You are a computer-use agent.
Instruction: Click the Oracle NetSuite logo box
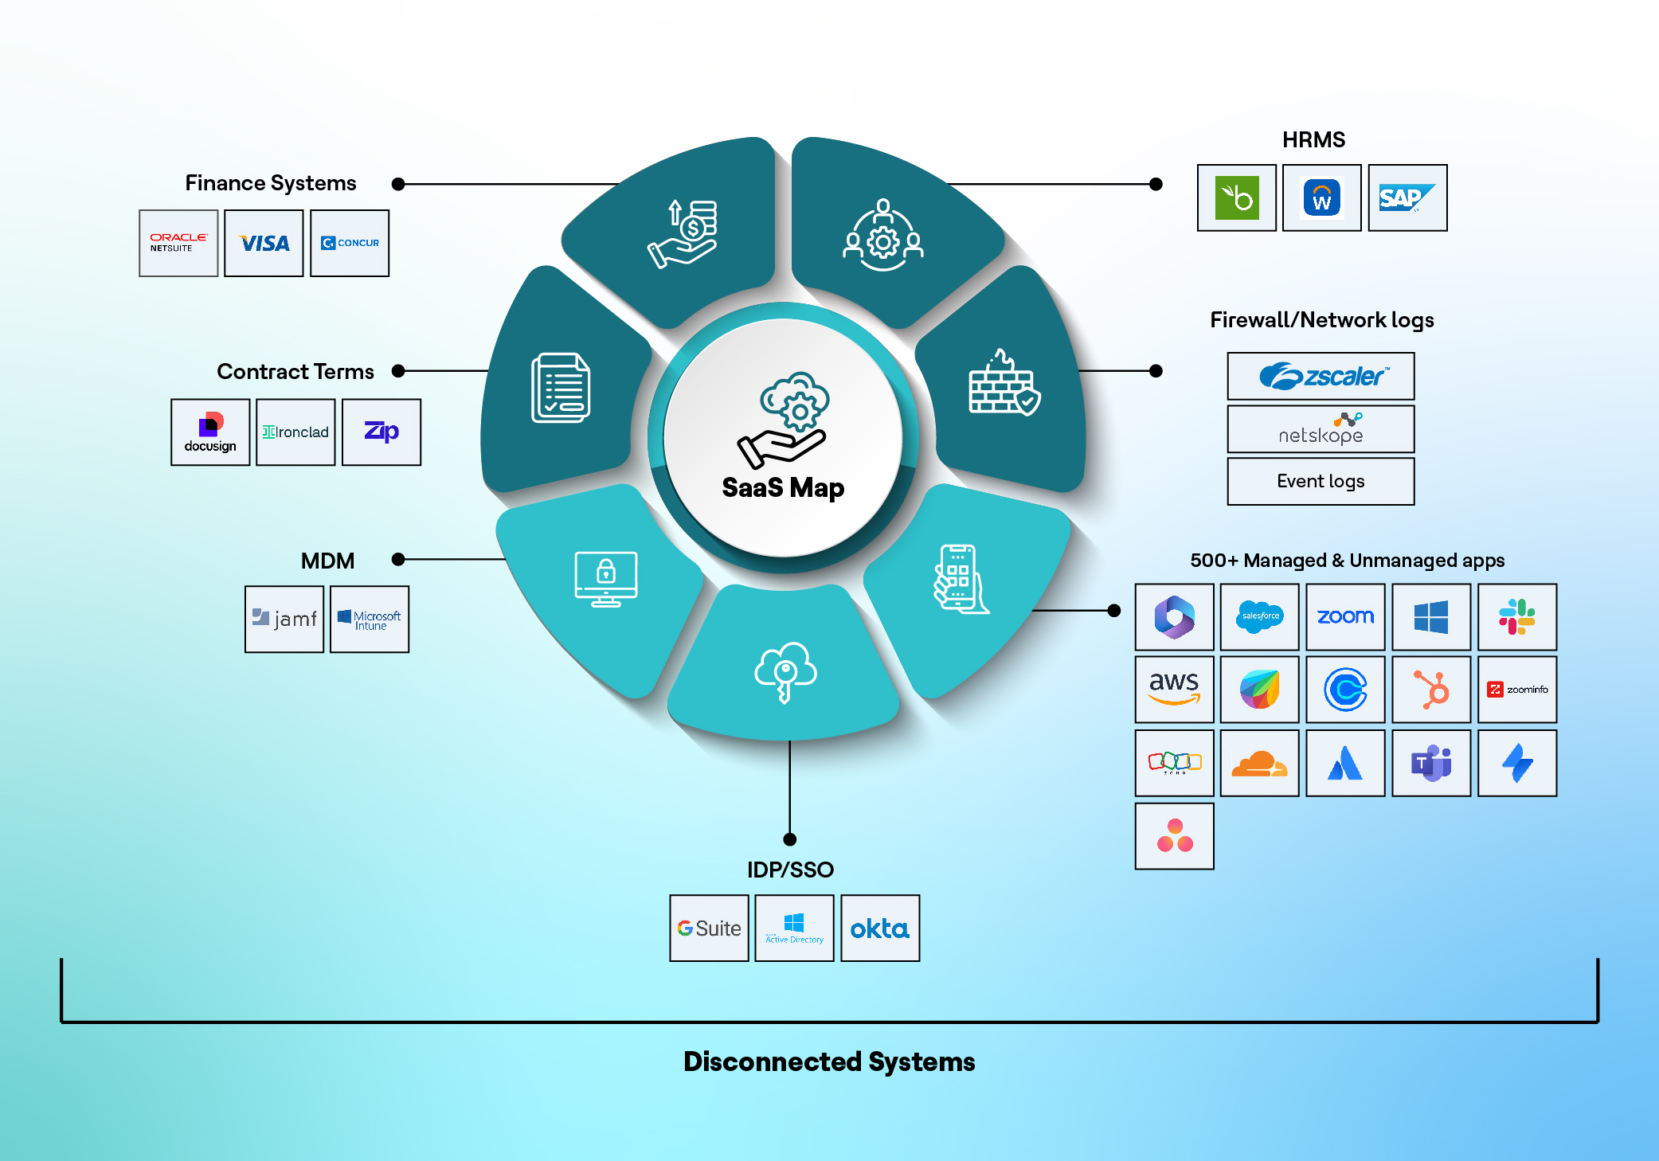tap(178, 243)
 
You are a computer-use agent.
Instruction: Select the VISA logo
tap(264, 243)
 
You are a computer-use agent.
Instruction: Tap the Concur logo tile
tap(350, 243)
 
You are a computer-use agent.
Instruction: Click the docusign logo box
tap(210, 432)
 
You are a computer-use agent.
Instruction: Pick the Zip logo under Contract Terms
tap(381, 432)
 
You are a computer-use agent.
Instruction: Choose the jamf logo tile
tap(284, 619)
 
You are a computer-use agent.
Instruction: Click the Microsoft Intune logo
tap(370, 619)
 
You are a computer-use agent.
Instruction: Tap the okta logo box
tap(880, 928)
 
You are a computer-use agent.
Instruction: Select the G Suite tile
tap(709, 928)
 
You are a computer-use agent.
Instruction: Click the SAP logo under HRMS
tap(1407, 197)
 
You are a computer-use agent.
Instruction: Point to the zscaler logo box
tap(1321, 376)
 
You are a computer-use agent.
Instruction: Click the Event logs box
tap(1321, 481)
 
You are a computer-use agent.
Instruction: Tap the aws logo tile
tap(1174, 689)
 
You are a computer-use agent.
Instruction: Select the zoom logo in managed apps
tap(1345, 616)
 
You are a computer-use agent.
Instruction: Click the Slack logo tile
tap(1516, 616)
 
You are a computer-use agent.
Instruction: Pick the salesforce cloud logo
tap(1260, 616)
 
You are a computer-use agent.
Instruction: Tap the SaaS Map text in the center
tap(783, 487)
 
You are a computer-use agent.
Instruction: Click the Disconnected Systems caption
tap(829, 1061)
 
